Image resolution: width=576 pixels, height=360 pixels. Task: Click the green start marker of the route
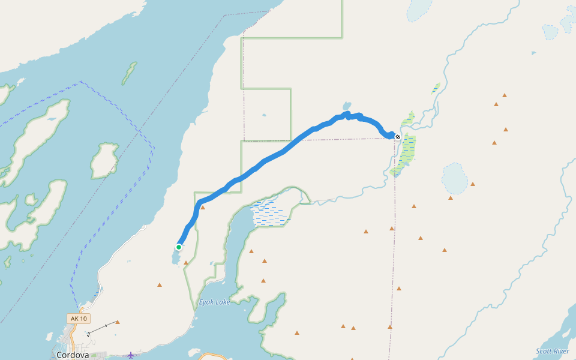point(179,247)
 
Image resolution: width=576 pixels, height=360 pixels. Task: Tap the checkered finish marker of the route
point(397,137)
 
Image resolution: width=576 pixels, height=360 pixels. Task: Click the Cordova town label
point(73,355)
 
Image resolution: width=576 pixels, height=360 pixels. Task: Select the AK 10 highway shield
point(78,319)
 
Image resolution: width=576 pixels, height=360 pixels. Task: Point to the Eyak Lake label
point(214,302)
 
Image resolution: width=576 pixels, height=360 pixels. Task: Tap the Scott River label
point(553,351)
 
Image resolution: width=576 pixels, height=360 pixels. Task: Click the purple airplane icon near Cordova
point(131,355)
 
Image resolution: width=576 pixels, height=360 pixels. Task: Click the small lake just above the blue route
point(347,106)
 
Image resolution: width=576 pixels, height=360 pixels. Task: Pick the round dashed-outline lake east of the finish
point(455,178)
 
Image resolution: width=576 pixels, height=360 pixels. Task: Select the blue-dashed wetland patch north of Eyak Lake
point(269,214)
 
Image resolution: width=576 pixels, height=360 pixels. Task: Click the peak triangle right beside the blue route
point(203,208)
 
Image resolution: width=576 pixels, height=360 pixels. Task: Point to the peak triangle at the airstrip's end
point(118,322)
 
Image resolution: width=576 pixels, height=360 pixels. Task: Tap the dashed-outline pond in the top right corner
point(550,31)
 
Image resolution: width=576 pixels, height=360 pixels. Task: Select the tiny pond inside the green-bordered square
point(264,115)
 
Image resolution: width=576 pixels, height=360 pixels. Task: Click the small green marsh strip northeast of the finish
point(436,88)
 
